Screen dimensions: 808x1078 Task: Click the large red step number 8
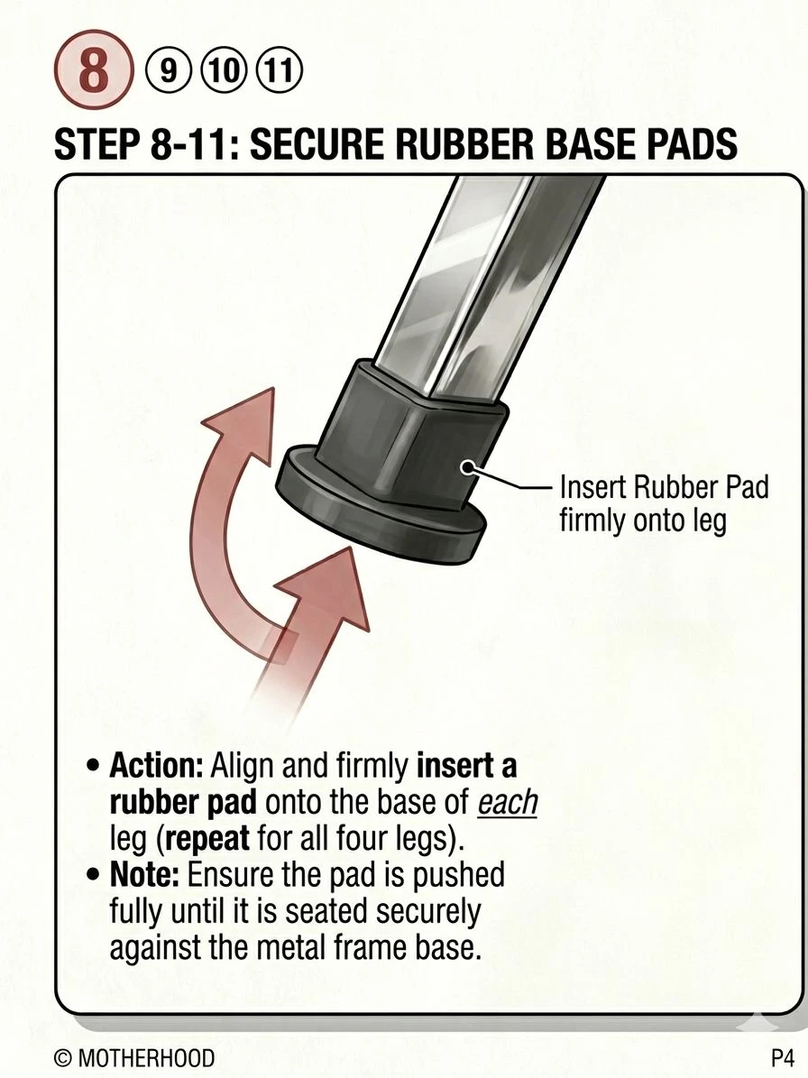(x=93, y=72)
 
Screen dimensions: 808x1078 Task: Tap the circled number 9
(x=166, y=71)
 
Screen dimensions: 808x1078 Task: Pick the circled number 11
(x=279, y=71)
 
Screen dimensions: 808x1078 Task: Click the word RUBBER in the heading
(x=435, y=143)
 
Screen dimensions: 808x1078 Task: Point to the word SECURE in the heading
(x=308, y=143)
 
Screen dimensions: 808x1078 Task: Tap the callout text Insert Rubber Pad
(x=665, y=487)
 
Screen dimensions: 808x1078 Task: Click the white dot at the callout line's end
(x=468, y=468)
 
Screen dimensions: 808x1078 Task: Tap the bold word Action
(x=155, y=766)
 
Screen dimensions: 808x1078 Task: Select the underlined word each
(x=507, y=802)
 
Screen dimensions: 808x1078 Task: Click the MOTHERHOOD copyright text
(x=134, y=1057)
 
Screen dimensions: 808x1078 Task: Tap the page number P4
(x=783, y=1056)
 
